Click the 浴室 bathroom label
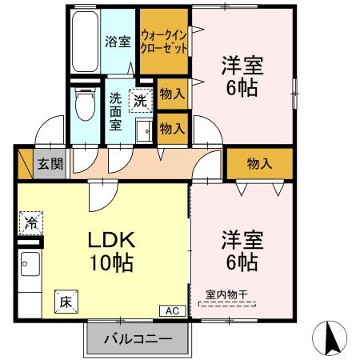click(x=118, y=42)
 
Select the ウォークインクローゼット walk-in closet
click(x=165, y=42)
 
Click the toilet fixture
click(x=82, y=105)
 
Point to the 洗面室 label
click(x=116, y=114)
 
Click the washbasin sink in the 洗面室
click(x=143, y=132)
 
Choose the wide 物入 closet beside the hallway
click(x=258, y=163)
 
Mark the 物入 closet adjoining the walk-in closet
click(x=172, y=94)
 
